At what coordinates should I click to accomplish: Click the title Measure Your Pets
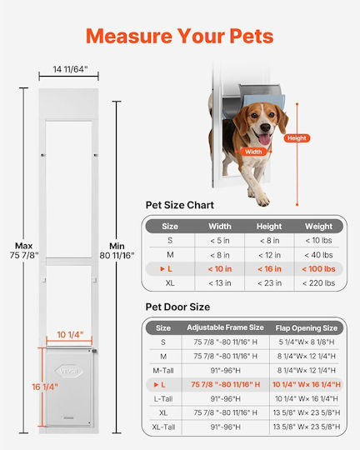(x=180, y=36)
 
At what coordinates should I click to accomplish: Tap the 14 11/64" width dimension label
(x=70, y=69)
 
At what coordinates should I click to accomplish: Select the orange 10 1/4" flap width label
(x=70, y=335)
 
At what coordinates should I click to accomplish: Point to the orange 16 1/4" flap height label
(x=45, y=387)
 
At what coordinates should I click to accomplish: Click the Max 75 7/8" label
(x=24, y=251)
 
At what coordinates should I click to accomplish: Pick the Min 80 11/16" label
(x=117, y=251)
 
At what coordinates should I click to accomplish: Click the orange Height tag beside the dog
(x=297, y=138)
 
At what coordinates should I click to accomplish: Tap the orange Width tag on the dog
(x=253, y=152)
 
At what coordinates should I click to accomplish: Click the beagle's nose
(x=265, y=127)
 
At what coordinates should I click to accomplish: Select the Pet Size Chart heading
(x=180, y=205)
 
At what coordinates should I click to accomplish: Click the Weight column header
(x=318, y=227)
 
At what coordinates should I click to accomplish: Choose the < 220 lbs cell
(x=318, y=283)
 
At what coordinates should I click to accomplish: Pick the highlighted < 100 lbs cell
(x=318, y=269)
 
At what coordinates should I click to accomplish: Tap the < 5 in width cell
(x=220, y=241)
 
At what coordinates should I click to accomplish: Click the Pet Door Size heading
(x=177, y=307)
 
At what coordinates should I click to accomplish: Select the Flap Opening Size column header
(x=307, y=327)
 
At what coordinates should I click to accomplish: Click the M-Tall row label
(x=163, y=371)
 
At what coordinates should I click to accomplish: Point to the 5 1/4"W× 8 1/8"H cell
(x=307, y=342)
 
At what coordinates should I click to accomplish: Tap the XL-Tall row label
(x=163, y=427)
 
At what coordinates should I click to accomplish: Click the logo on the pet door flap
(x=68, y=371)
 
